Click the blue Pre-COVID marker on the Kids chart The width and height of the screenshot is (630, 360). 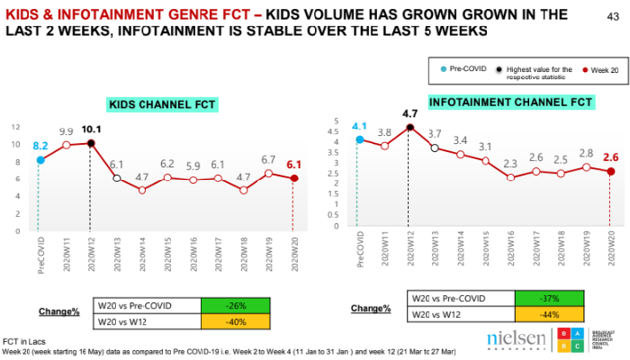(40, 160)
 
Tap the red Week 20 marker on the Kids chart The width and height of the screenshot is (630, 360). (293, 178)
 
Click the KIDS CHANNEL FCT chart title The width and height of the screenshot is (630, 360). (162, 104)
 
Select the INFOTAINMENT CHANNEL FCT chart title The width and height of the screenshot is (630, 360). (498, 102)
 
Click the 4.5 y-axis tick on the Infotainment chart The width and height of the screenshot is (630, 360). (337, 131)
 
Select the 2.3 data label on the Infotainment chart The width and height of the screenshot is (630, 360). (511, 163)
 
